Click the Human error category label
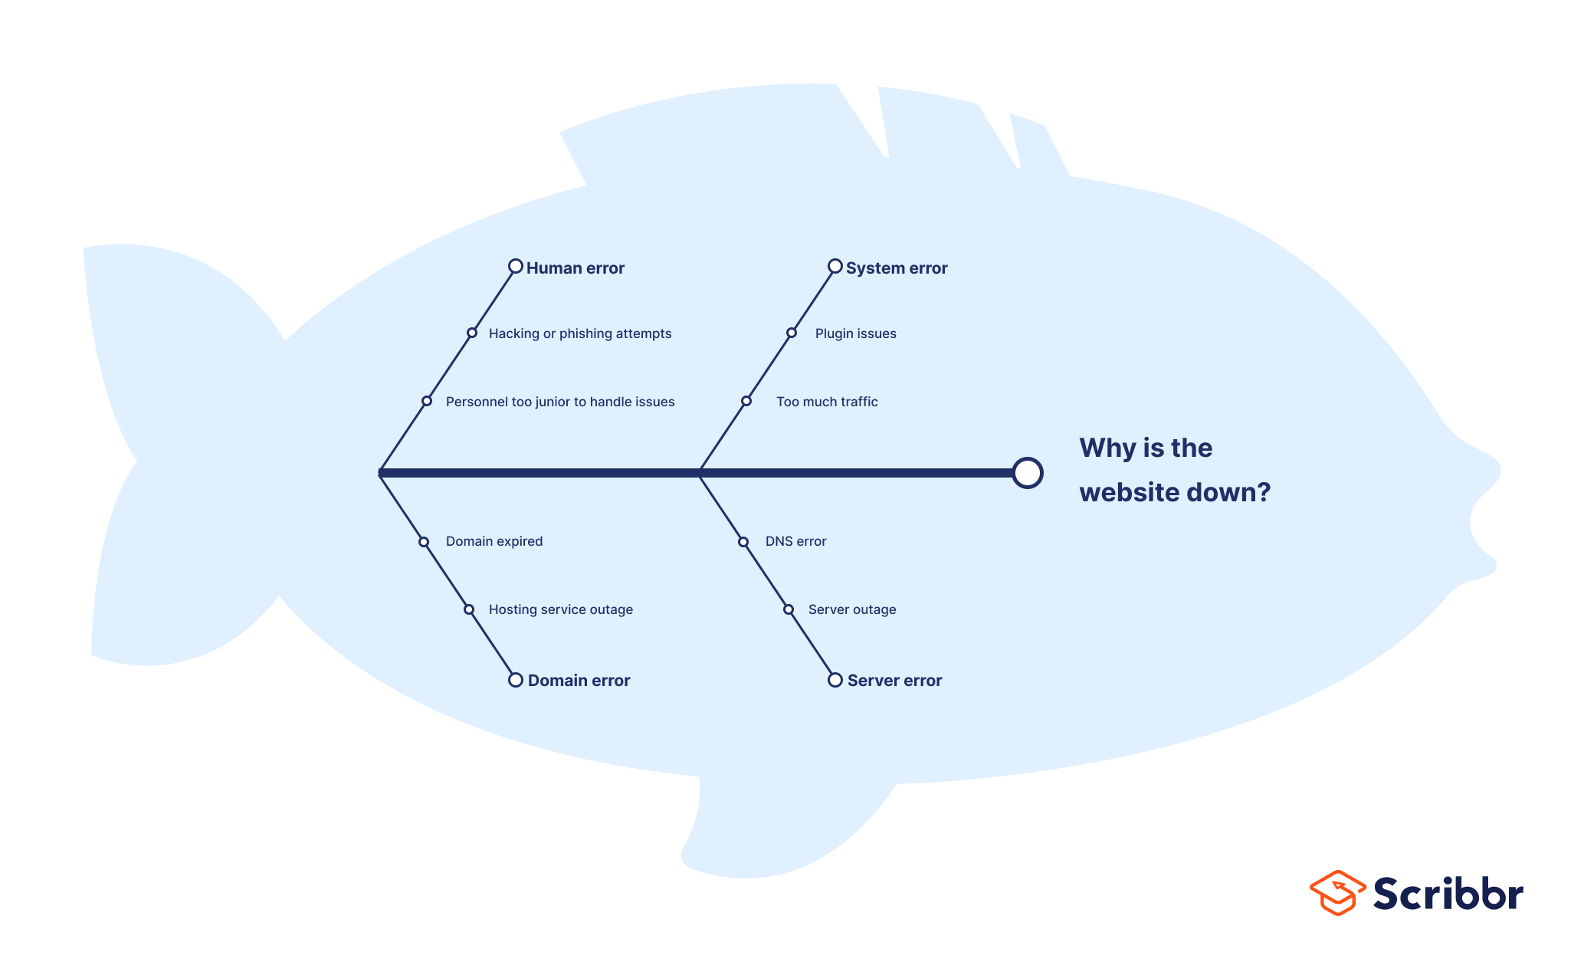pos(575,268)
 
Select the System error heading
pos(897,268)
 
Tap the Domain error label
pos(579,681)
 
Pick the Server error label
pos(894,681)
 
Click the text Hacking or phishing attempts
pos(580,333)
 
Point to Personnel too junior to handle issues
pos(560,402)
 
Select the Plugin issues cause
pos(855,333)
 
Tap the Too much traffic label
pos(827,402)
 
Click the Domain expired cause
pos(494,541)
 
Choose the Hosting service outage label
pos(561,609)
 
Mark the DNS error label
pos(795,541)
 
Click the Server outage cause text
pos(852,609)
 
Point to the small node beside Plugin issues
pos(792,333)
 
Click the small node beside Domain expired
pos(424,542)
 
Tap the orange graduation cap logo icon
pos(1337,893)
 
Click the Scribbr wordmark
pos(1448,893)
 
